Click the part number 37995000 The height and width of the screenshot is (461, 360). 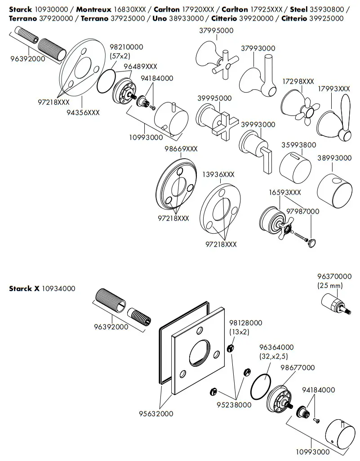click(x=216, y=30)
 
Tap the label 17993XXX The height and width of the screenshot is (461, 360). click(x=333, y=89)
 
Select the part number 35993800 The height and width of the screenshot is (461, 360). click(x=298, y=145)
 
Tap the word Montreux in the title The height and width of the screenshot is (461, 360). click(x=93, y=9)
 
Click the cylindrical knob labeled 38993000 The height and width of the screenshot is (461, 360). click(x=334, y=186)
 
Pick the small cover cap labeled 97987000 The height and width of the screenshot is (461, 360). click(x=312, y=243)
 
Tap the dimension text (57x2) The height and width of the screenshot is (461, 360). click(x=120, y=55)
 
